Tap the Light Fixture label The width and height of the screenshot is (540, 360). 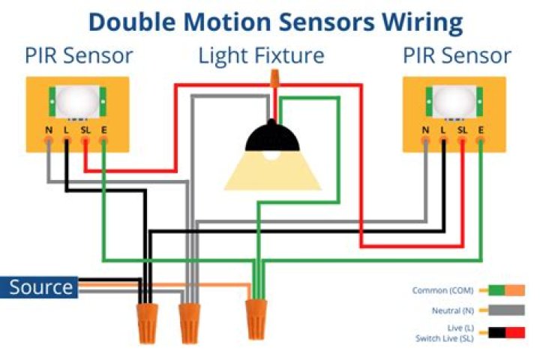pos(261,55)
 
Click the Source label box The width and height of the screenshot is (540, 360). pos(41,287)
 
